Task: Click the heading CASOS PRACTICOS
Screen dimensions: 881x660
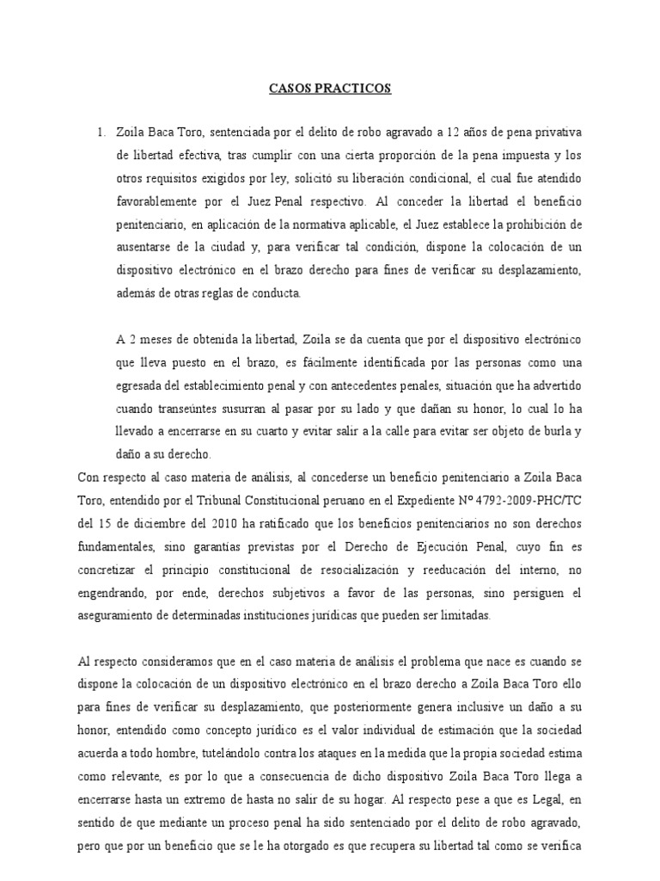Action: point(330,89)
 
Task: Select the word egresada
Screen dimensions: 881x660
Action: point(144,385)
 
